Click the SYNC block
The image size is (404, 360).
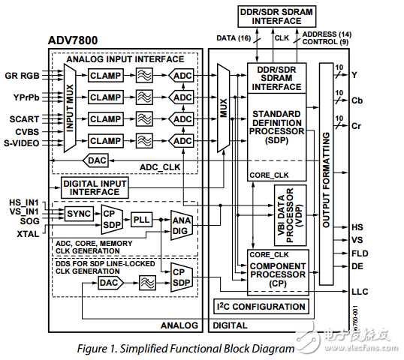pyautogui.click(x=78, y=214)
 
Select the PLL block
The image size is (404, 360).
pyautogui.click(x=141, y=220)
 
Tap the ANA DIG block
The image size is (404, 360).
pyautogui.click(x=181, y=226)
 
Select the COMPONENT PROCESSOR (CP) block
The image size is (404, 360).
pyautogui.click(x=278, y=271)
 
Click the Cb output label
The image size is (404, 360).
pyautogui.click(x=358, y=100)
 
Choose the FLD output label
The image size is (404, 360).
pyautogui.click(x=359, y=253)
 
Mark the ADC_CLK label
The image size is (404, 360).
pyautogui.click(x=162, y=166)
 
